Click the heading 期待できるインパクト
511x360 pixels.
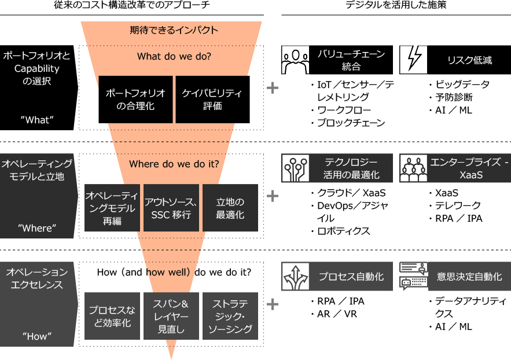(x=174, y=30)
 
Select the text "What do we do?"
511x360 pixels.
(x=174, y=57)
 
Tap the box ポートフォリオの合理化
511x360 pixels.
(x=135, y=100)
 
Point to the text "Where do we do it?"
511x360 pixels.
(x=174, y=164)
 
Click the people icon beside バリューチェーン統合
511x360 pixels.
(x=295, y=60)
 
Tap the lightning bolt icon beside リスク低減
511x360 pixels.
(x=413, y=60)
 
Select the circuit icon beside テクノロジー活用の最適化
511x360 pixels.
(x=295, y=168)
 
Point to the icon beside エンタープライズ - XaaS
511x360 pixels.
(x=413, y=168)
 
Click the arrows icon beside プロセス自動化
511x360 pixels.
(x=295, y=277)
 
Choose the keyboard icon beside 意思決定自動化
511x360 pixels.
(x=413, y=277)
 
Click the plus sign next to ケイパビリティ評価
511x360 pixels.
(x=272, y=88)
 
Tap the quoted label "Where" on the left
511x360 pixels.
(x=37, y=228)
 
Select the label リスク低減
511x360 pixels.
(x=469, y=60)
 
